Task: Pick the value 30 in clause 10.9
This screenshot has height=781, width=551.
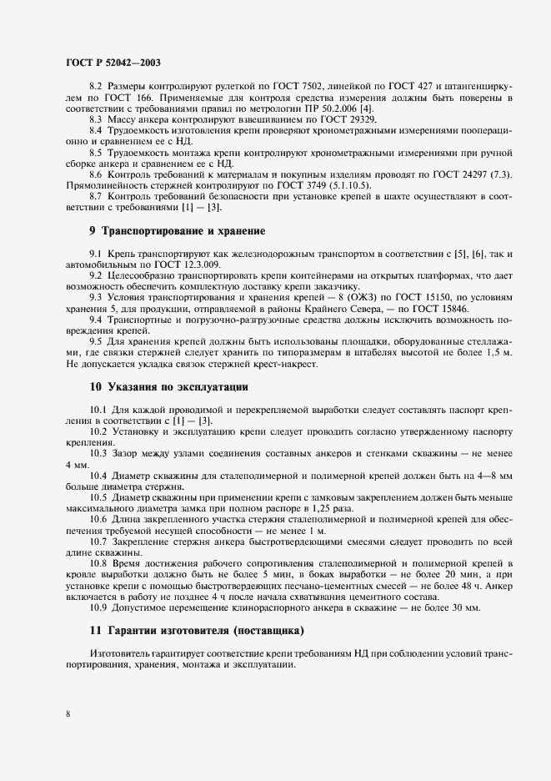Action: point(446,607)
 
